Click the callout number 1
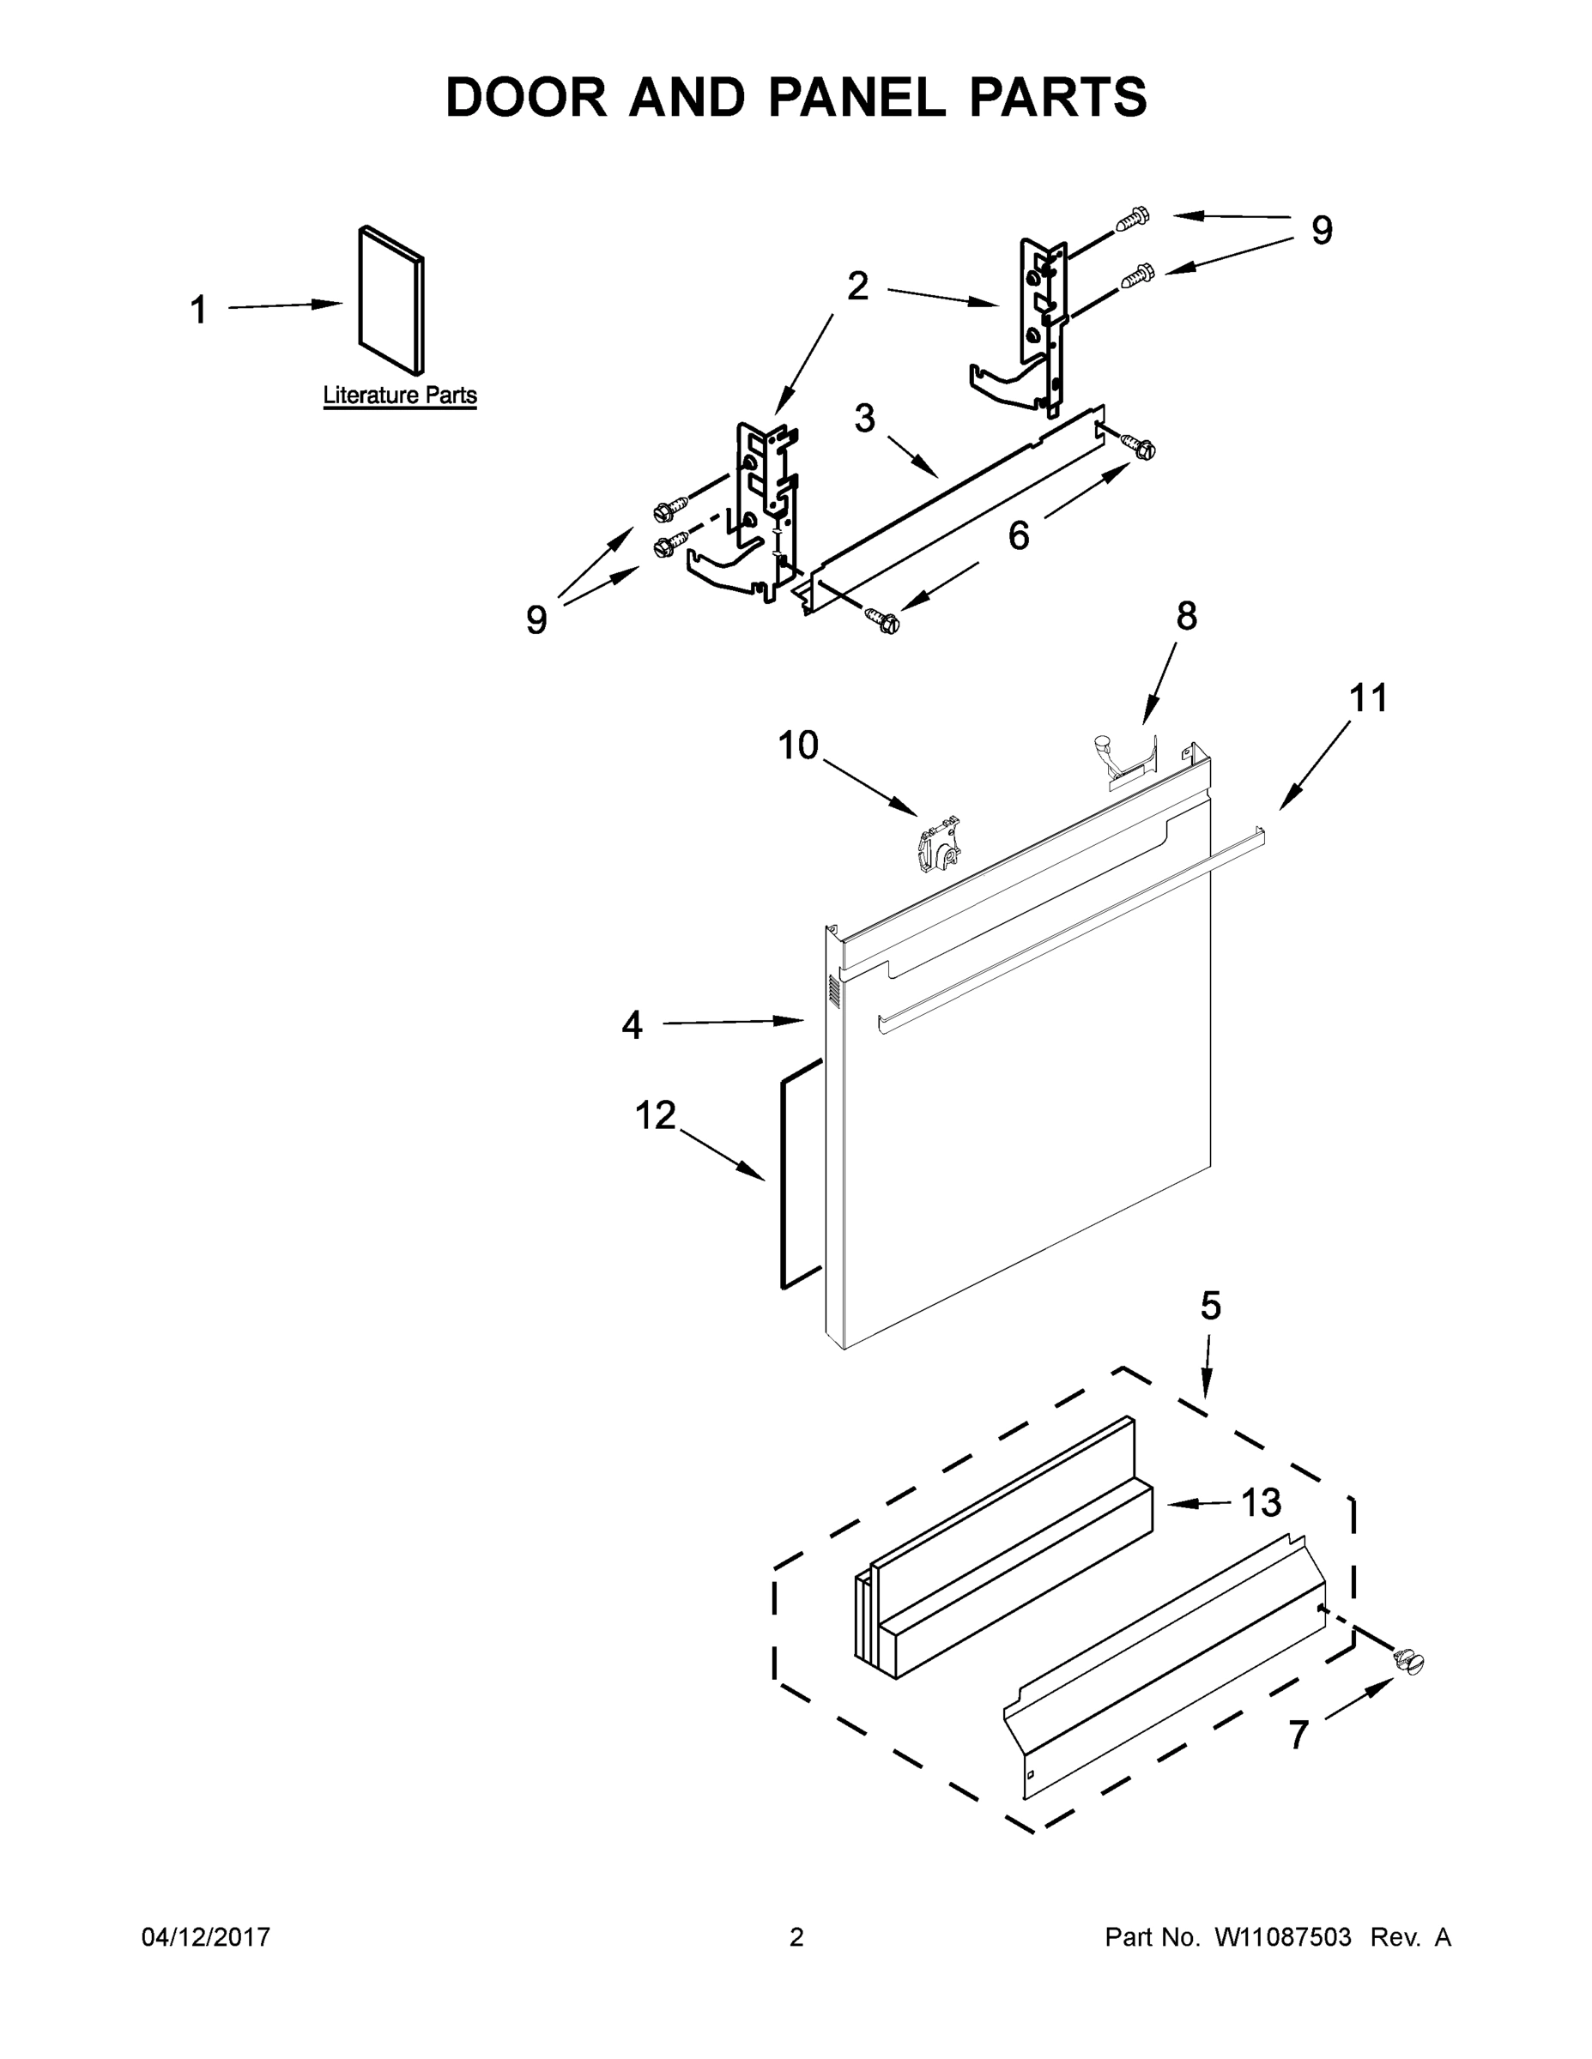click(x=198, y=311)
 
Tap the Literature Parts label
click(x=400, y=395)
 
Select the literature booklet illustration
click(x=390, y=299)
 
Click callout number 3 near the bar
click(x=865, y=419)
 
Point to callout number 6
click(x=1019, y=535)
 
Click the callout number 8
click(x=1186, y=616)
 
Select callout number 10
click(x=798, y=746)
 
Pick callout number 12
click(x=655, y=1115)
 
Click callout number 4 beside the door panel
click(x=632, y=1025)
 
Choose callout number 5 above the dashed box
click(x=1211, y=1306)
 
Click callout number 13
click(x=1261, y=1503)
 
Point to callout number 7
click(x=1298, y=1735)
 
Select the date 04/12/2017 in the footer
click(x=206, y=1937)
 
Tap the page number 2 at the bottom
click(x=796, y=1937)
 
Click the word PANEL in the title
click(x=857, y=97)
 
